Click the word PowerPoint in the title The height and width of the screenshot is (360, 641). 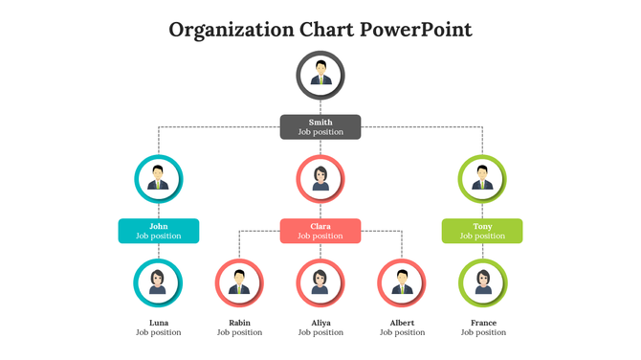pyautogui.click(x=416, y=29)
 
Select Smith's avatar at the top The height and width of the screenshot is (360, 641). pyautogui.click(x=320, y=76)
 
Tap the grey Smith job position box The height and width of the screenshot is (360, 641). pyautogui.click(x=320, y=126)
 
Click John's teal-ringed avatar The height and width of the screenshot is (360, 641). pyautogui.click(x=158, y=178)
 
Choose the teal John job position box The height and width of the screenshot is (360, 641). pyautogui.click(x=158, y=231)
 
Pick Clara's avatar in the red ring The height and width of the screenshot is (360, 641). pyautogui.click(x=320, y=178)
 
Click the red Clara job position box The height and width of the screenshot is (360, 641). pyautogui.click(x=320, y=231)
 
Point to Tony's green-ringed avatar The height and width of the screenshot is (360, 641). pyautogui.click(x=483, y=178)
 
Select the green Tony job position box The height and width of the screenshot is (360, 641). pyautogui.click(x=483, y=231)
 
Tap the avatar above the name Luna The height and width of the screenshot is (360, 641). pyautogui.click(x=158, y=282)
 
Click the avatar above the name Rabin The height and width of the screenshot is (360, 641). pyautogui.click(x=239, y=282)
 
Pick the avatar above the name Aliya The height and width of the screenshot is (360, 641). pyautogui.click(x=320, y=282)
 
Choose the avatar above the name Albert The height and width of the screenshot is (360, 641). pyautogui.click(x=402, y=282)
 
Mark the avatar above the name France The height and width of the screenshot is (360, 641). pyautogui.click(x=483, y=282)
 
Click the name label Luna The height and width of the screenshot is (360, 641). pyautogui.click(x=158, y=323)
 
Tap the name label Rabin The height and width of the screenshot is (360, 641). pyautogui.click(x=239, y=323)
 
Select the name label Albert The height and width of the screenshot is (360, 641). pyautogui.click(x=402, y=323)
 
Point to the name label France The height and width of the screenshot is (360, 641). pyautogui.click(x=483, y=323)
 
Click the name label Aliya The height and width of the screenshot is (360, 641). pyautogui.click(x=320, y=323)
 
